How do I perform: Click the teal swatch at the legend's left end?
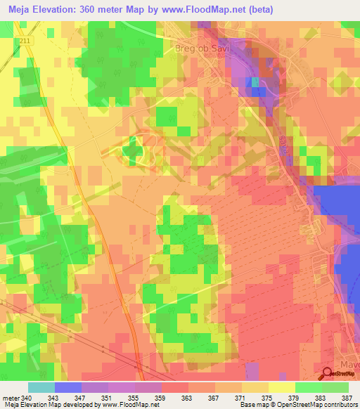[x=41, y=387]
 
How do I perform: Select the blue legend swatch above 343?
[x=68, y=387]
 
